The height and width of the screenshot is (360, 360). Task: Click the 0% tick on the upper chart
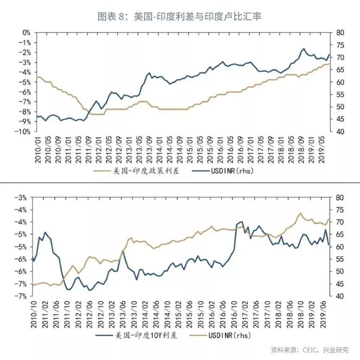[26, 32]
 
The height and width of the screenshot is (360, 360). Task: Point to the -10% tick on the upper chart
[24, 132]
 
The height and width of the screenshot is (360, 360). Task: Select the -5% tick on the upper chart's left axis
[26, 82]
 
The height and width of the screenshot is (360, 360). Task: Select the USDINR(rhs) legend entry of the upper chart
[232, 171]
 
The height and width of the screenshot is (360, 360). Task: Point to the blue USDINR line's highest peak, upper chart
[304, 49]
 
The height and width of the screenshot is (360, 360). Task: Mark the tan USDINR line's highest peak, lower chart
[300, 213]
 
